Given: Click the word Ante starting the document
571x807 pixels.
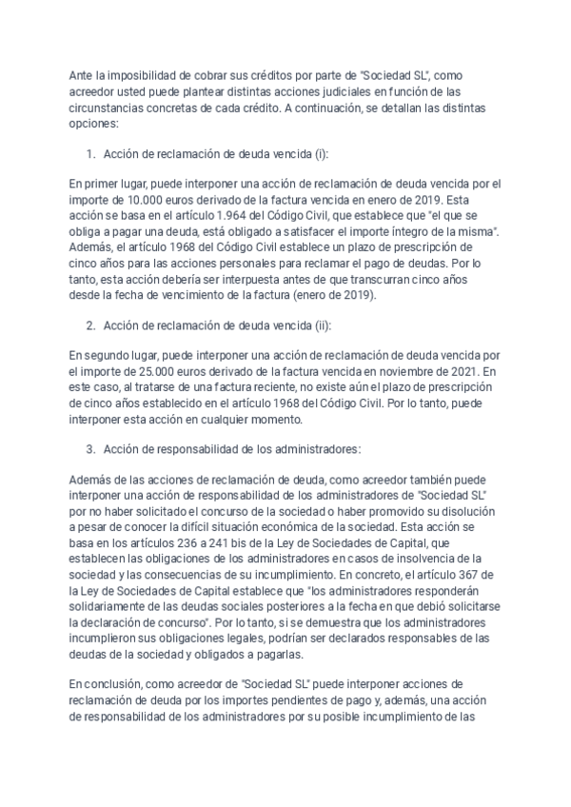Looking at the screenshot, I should click(x=85, y=75).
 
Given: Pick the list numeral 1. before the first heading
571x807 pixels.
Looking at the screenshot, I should click(x=91, y=153).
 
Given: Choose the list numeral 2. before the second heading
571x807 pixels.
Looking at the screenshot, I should click(x=91, y=325).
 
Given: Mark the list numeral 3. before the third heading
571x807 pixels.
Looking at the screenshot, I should click(x=91, y=448).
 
